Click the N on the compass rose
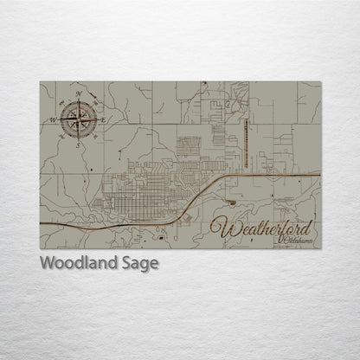click(79, 93)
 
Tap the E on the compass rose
click(103, 119)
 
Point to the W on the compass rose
click(53, 119)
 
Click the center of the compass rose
click(78, 119)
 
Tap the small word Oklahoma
click(296, 239)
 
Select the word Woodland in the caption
click(76, 263)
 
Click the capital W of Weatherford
click(223, 228)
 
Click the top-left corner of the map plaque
click(40, 82)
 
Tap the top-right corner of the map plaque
click(320, 82)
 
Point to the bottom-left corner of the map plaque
click(40, 248)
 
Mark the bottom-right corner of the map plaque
click(320, 248)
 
